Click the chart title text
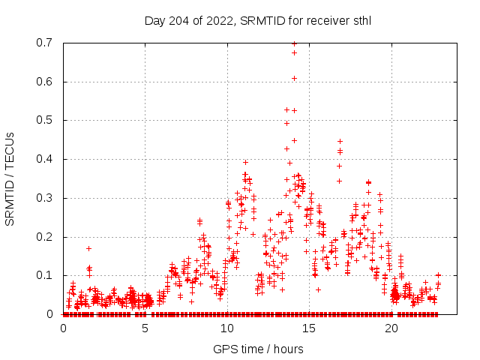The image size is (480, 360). [x=257, y=20]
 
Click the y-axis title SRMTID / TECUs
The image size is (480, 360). [x=10, y=178]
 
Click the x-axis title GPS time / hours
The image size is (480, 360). [x=257, y=349]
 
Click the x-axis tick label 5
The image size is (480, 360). [x=145, y=328]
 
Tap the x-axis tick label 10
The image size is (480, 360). [x=226, y=328]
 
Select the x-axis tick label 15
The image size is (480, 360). [x=308, y=328]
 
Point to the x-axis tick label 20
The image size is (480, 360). [x=391, y=328]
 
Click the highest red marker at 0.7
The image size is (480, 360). [x=294, y=43]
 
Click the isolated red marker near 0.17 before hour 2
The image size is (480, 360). [x=88, y=248]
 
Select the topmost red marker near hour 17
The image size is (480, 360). [x=340, y=141]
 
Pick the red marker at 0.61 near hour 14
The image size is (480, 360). [x=294, y=78]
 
